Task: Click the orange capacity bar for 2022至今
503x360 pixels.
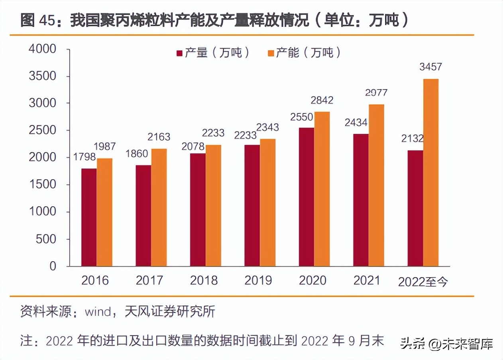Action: point(431,172)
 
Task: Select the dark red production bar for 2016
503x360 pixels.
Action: point(89,217)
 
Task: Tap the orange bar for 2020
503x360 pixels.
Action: point(322,189)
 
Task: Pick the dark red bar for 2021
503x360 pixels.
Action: point(361,200)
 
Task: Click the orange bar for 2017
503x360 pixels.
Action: point(159,207)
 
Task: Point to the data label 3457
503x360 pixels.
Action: point(430,67)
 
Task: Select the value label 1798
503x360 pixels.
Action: point(84,157)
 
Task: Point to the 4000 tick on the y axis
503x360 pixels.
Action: point(43,49)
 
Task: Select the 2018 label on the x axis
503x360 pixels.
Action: point(204,280)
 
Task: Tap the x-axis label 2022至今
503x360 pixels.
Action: point(423,282)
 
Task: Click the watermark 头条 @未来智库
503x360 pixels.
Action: point(446,343)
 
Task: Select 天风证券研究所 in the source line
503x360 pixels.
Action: point(170,311)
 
